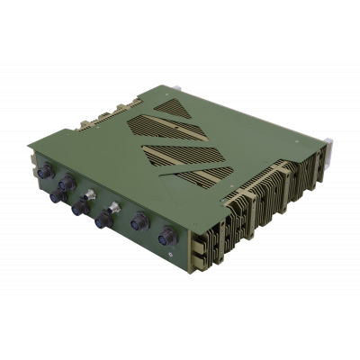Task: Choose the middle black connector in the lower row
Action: pos(78,206)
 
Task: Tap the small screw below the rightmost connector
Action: pos(171,256)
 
